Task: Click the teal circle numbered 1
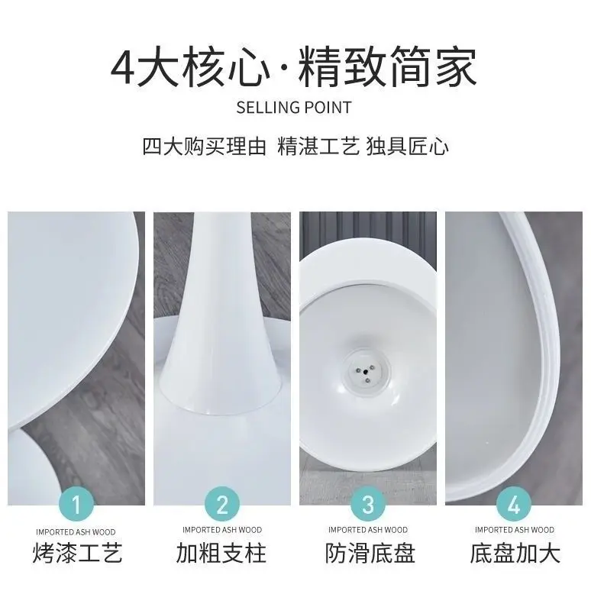pyautogui.click(x=77, y=504)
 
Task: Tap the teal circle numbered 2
pyautogui.click(x=222, y=504)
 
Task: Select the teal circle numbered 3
pyautogui.click(x=368, y=504)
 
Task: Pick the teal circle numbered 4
pyautogui.click(x=514, y=504)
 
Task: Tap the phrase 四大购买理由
pyautogui.click(x=204, y=147)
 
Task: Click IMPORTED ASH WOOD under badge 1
pyautogui.click(x=77, y=530)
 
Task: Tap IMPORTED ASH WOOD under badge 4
pyautogui.click(x=514, y=530)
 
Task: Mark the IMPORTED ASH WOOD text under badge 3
pyautogui.click(x=368, y=530)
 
